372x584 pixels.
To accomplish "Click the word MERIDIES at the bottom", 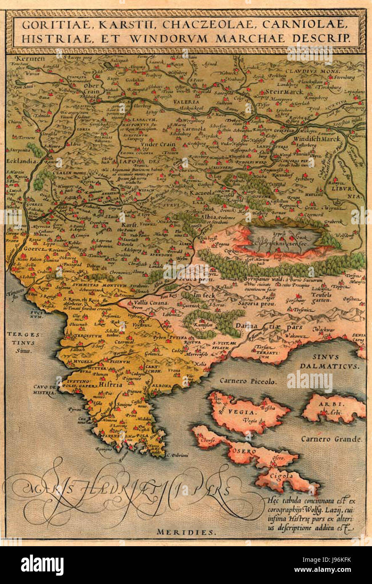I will pyautogui.click(x=186, y=532).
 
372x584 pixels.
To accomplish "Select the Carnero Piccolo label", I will pyautogui.click(x=247, y=381).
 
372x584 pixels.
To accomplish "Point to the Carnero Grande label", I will pyautogui.click(x=331, y=439).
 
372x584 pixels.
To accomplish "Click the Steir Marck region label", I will pyautogui.click(x=281, y=91).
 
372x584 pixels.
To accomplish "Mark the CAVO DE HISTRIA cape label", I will pyautogui.click(x=45, y=390).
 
